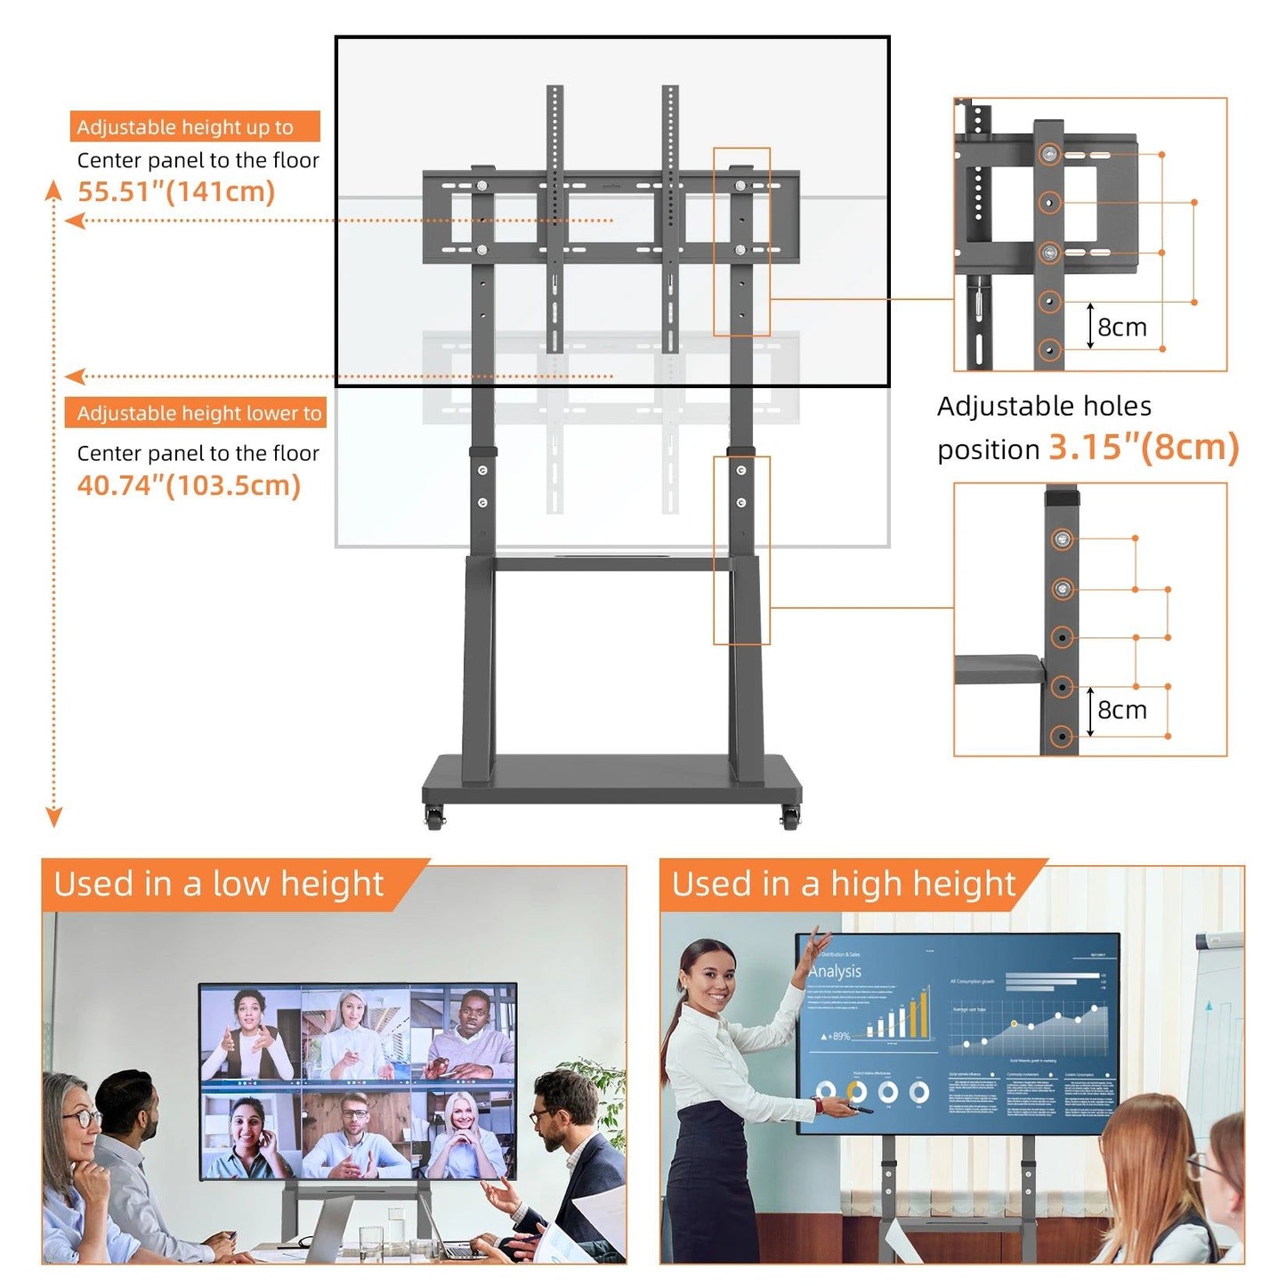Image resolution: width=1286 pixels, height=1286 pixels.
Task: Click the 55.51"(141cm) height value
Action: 176,191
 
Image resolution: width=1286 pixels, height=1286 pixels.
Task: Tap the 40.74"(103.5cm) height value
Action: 189,486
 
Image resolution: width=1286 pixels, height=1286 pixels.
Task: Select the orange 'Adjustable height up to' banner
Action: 194,127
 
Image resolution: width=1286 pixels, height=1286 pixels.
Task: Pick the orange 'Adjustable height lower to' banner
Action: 196,413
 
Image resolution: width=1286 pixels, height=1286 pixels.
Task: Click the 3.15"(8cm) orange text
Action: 1144,448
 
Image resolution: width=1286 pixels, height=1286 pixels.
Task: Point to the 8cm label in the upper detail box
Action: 1121,328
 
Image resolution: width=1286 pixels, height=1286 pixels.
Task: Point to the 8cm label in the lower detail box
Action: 1121,710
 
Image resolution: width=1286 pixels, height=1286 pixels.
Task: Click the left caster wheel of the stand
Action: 434,818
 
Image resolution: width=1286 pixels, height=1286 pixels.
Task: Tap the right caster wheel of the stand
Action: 789,818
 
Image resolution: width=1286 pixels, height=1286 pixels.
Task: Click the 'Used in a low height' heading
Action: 218,885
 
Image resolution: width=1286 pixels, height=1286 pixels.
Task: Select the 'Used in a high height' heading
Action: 843,885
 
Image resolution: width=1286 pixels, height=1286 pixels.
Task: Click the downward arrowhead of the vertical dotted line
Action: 54,817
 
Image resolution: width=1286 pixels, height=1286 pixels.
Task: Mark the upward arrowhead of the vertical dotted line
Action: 54,189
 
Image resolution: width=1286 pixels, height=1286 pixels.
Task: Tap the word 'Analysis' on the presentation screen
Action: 835,971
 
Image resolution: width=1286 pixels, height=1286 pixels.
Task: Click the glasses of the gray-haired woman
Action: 82,1118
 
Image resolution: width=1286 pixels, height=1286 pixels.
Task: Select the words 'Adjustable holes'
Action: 1044,407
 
